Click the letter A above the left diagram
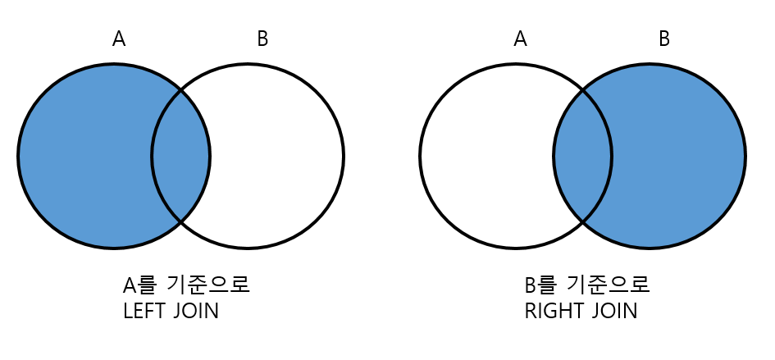119,39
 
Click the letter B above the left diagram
262,39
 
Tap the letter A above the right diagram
520,39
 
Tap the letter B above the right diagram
664,39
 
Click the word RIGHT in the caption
551,312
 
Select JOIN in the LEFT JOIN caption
196,312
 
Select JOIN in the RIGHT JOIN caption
613,312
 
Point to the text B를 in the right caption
540,285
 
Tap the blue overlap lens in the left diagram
181,156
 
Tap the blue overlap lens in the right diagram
582,156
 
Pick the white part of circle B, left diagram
279,156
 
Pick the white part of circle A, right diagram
484,156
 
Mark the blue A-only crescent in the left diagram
82,156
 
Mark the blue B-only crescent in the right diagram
681,156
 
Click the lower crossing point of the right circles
582,221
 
